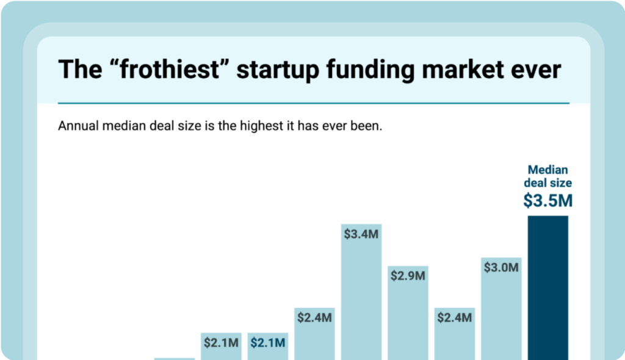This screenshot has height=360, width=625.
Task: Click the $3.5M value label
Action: click(x=547, y=201)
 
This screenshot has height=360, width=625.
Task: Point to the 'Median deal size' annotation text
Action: click(x=547, y=176)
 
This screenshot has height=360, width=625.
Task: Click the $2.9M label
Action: click(x=407, y=276)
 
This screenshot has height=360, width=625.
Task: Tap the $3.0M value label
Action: click(x=501, y=267)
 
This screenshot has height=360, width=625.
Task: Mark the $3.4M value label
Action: click(x=361, y=234)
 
